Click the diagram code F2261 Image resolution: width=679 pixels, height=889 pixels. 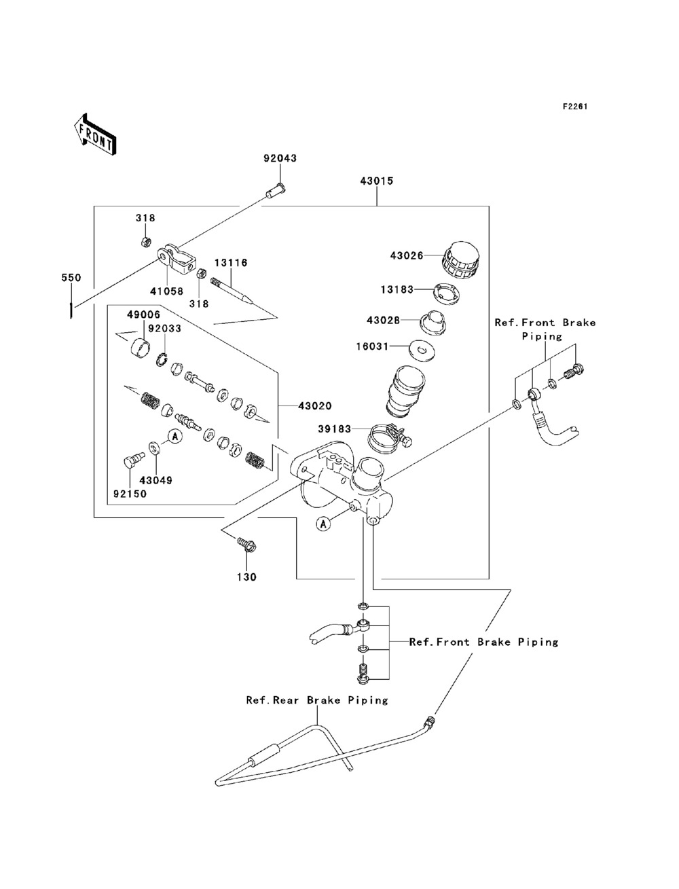pyautogui.click(x=575, y=106)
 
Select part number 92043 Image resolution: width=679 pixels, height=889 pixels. pyautogui.click(x=280, y=158)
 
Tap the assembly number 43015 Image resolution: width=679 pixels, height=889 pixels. pyautogui.click(x=377, y=181)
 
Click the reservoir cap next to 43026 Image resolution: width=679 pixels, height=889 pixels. pyautogui.click(x=461, y=261)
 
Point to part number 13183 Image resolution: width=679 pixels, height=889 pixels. pyautogui.click(x=397, y=289)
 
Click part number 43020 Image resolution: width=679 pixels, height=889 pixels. pyautogui.click(x=315, y=405)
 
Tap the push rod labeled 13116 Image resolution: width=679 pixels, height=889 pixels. pyautogui.click(x=232, y=291)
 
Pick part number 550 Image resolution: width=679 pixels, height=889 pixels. pyautogui.click(x=71, y=278)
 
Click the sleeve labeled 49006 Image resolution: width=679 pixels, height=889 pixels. pyautogui.click(x=140, y=346)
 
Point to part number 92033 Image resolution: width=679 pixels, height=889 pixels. pyautogui.click(x=164, y=329)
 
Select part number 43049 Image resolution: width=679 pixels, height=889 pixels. pyautogui.click(x=156, y=480)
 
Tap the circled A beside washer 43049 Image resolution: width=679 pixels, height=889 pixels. pyautogui.click(x=175, y=436)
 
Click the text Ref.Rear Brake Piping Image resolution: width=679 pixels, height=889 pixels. pyautogui.click(x=317, y=700)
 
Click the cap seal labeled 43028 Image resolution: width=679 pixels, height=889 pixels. pyautogui.click(x=432, y=322)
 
